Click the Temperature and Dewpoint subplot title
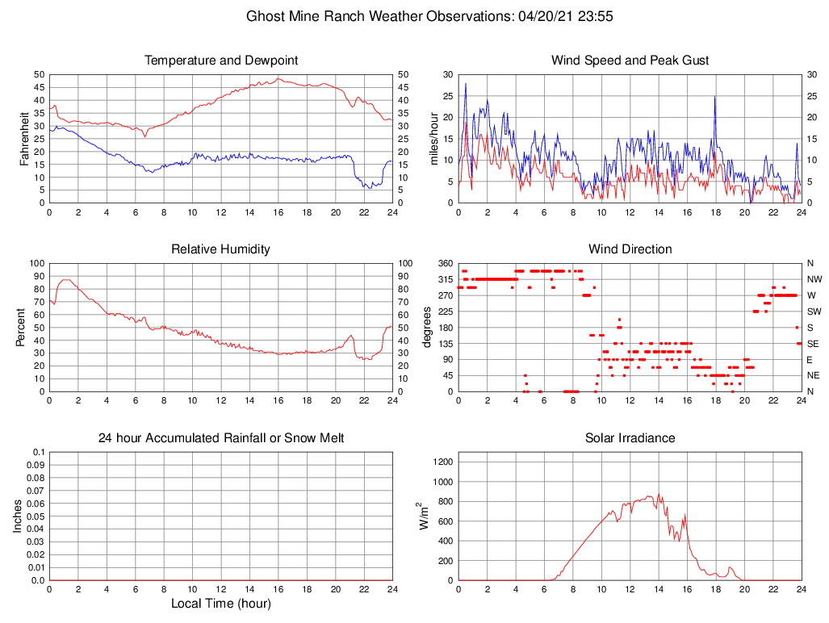tap(220, 61)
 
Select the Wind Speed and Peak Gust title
tap(630, 61)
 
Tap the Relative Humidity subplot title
tap(220, 249)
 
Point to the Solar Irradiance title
tap(630, 438)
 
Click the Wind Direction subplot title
tap(630, 249)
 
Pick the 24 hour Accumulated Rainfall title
tap(220, 438)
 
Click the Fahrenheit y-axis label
tap(25, 138)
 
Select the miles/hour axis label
tap(434, 138)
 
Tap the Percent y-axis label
tap(20, 327)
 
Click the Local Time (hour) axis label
tap(220, 604)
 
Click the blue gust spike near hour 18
tap(714, 98)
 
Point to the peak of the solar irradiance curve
tap(658, 495)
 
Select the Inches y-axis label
tap(18, 516)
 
